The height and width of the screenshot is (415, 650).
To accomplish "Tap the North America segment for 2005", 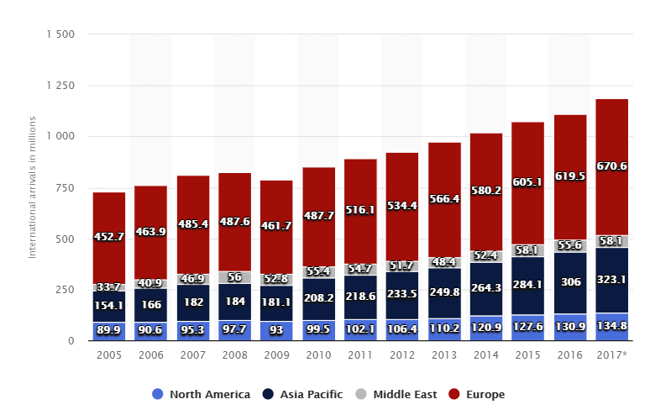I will (x=109, y=331).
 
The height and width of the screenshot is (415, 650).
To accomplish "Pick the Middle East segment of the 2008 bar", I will (x=234, y=277).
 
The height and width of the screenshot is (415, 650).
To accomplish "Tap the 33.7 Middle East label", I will (x=109, y=287).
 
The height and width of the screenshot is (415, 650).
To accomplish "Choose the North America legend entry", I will (x=202, y=394).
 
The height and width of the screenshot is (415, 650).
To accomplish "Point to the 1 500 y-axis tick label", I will (x=60, y=34).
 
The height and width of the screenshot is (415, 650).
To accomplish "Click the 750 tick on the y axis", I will (x=65, y=187).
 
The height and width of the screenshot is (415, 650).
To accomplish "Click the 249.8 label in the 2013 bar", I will (x=444, y=291).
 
